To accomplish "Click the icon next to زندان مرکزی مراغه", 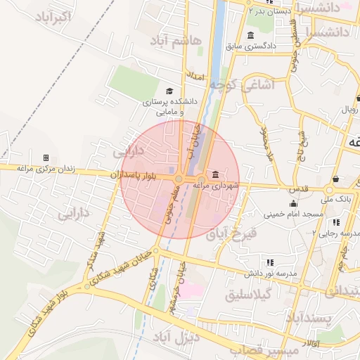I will (46, 157).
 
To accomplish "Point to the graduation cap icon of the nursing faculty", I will (169, 91).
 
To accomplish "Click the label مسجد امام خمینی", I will (294, 213).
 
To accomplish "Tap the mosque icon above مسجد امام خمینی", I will (293, 203).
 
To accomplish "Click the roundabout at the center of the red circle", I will (179, 179).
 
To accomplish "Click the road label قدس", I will (298, 189).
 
